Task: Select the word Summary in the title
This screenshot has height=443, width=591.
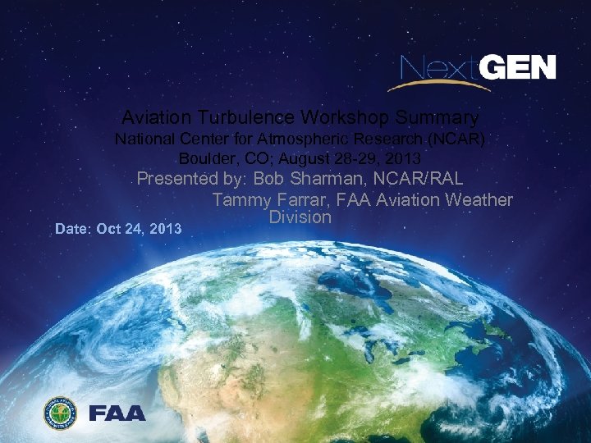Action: (x=438, y=117)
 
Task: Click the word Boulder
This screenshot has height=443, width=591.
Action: (x=203, y=158)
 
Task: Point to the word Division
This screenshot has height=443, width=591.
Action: (x=300, y=217)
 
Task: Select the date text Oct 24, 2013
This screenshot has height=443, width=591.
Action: (x=139, y=229)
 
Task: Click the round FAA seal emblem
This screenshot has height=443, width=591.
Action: (x=60, y=413)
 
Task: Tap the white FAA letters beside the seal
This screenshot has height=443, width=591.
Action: (x=117, y=413)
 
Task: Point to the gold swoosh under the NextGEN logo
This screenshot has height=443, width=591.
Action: (x=427, y=82)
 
